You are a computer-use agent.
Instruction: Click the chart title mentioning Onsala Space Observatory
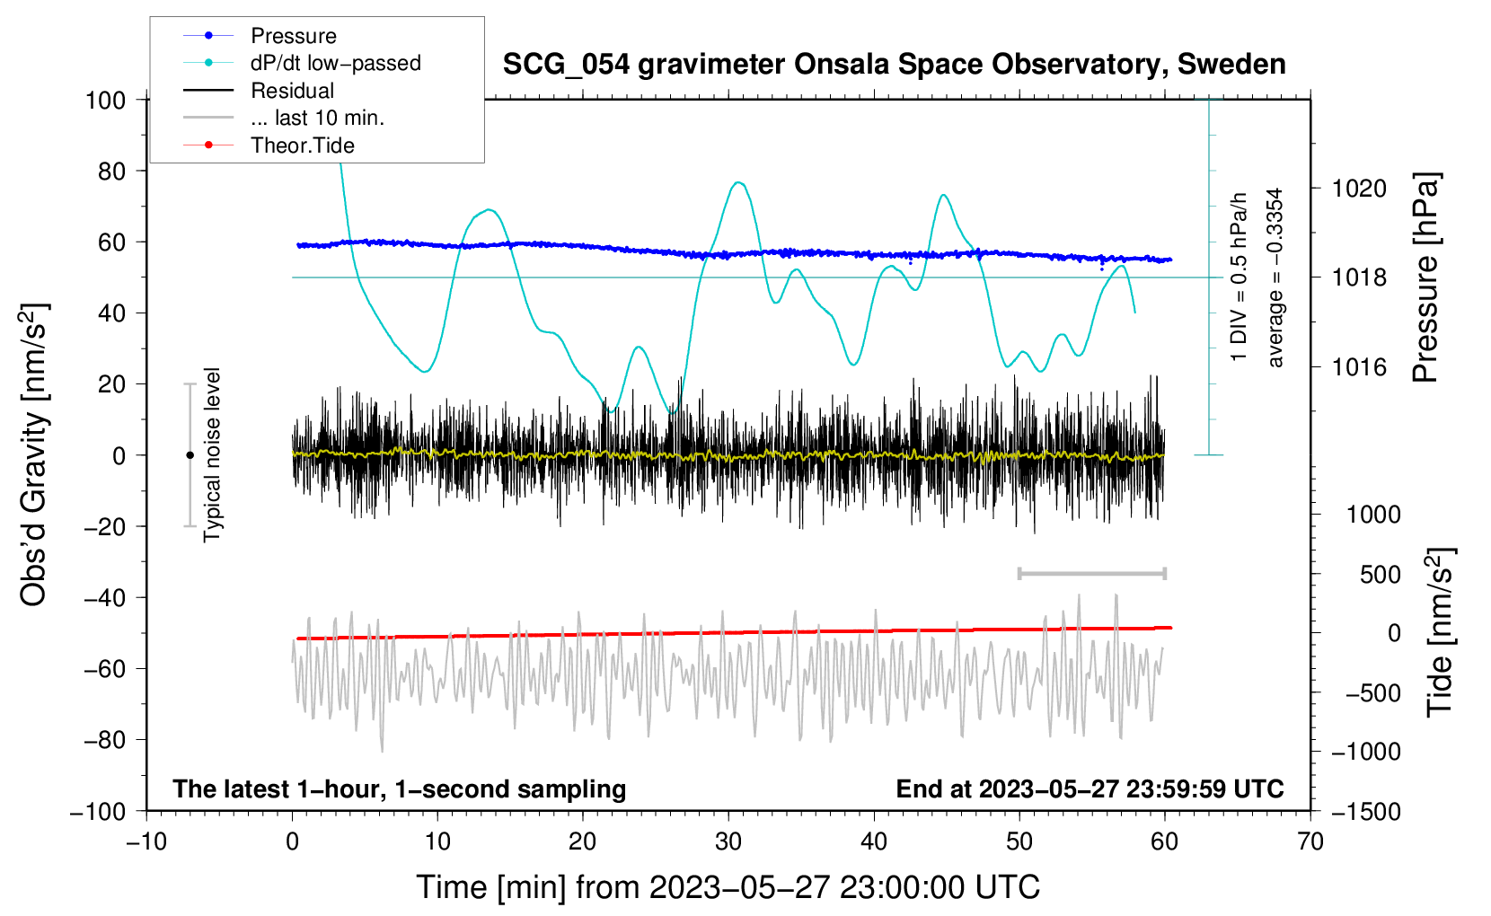[894, 65]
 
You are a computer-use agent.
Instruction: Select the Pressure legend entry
[293, 36]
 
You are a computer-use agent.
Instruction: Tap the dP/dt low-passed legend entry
[335, 63]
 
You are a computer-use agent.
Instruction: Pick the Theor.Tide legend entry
[302, 145]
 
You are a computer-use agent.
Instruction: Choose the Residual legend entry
[292, 91]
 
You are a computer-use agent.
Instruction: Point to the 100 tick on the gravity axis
[106, 100]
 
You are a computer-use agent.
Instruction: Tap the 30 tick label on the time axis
[728, 841]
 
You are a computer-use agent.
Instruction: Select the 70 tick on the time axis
[1310, 841]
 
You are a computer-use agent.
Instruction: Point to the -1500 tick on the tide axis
[1366, 812]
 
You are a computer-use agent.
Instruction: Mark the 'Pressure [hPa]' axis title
[1425, 278]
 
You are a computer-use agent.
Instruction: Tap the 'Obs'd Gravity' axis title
[34, 455]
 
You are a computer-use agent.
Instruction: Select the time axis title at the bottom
[728, 887]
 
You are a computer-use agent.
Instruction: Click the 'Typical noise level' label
[212, 455]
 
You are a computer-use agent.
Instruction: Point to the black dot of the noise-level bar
[190, 455]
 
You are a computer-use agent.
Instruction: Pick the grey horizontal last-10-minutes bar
[1092, 573]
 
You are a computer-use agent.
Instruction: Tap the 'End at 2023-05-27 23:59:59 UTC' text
[1090, 789]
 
